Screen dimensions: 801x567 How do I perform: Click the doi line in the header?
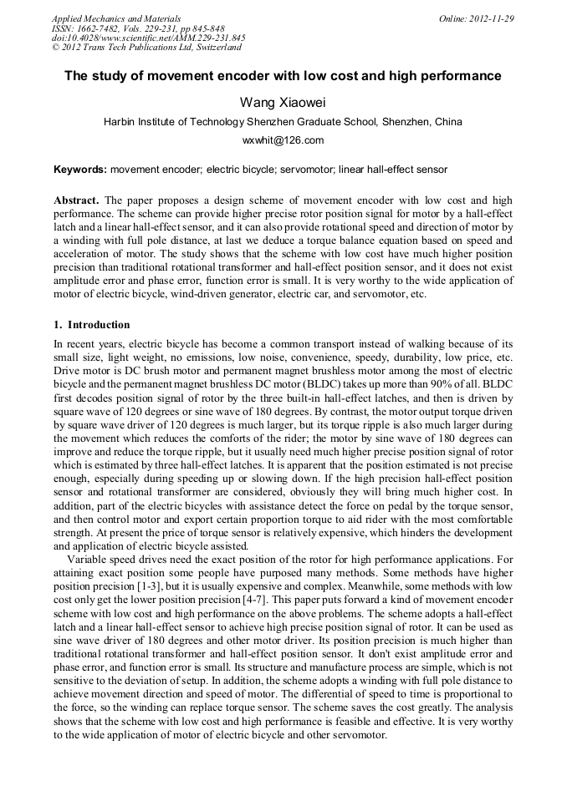[x=148, y=38]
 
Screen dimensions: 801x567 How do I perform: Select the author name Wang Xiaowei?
[x=283, y=102]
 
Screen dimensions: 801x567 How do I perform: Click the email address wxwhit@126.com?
[x=283, y=140]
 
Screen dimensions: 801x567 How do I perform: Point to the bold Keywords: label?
[x=80, y=170]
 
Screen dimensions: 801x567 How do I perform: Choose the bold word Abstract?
[x=76, y=201]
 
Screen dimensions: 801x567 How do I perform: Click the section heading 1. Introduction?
[x=91, y=325]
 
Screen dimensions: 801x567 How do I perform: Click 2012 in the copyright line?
[x=73, y=48]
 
